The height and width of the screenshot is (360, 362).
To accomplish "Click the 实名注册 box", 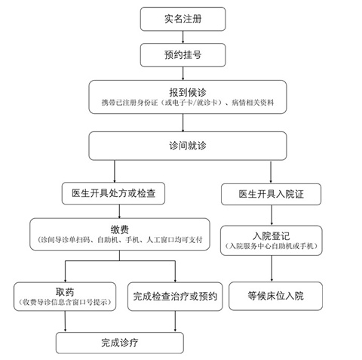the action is [183, 19].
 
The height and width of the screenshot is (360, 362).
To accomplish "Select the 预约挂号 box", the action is [183, 55].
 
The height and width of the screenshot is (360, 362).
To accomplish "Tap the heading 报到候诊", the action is [188, 92].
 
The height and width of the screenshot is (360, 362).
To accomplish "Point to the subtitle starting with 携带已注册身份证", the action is [188, 103].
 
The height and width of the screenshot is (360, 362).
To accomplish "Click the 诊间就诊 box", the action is [188, 146].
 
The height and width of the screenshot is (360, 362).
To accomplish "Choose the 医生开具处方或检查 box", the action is [113, 193].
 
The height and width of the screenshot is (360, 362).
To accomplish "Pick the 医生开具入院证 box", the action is [271, 194].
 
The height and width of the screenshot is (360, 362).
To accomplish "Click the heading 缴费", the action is [120, 229].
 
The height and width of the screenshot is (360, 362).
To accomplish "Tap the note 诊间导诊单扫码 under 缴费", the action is [120, 240].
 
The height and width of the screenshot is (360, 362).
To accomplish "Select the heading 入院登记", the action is [271, 236].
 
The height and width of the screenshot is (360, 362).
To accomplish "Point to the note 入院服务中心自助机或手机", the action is [271, 246].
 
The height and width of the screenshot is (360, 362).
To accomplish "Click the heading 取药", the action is [65, 292].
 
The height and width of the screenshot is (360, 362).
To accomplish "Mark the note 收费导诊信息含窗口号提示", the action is [65, 302].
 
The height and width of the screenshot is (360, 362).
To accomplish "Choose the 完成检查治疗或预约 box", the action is [175, 297].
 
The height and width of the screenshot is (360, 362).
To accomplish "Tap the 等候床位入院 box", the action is [275, 296].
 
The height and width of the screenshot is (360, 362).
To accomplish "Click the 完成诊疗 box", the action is [120, 343].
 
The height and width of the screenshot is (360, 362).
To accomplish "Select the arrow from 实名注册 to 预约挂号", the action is [183, 37].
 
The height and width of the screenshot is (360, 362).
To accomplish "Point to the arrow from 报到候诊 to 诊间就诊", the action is [183, 122].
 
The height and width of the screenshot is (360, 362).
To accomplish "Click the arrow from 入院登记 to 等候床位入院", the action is [271, 269].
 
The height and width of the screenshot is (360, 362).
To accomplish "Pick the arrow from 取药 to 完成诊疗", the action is [65, 322].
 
